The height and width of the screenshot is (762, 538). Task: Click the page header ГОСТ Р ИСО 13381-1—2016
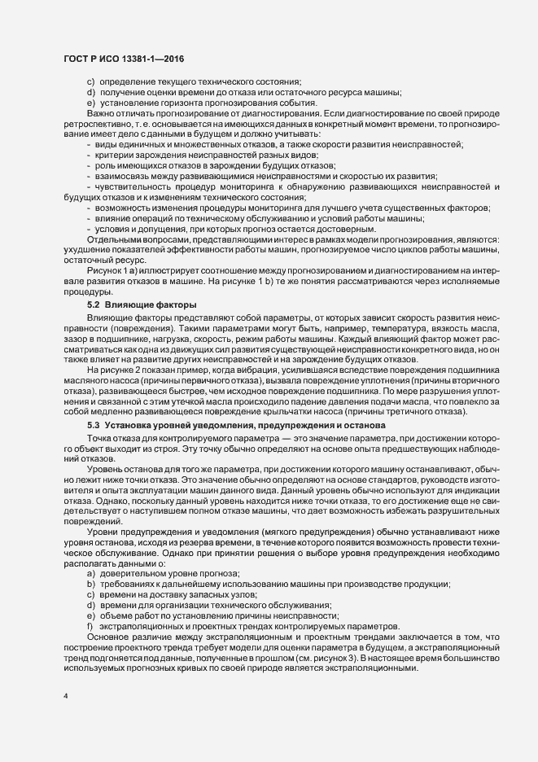[x=119, y=60]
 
